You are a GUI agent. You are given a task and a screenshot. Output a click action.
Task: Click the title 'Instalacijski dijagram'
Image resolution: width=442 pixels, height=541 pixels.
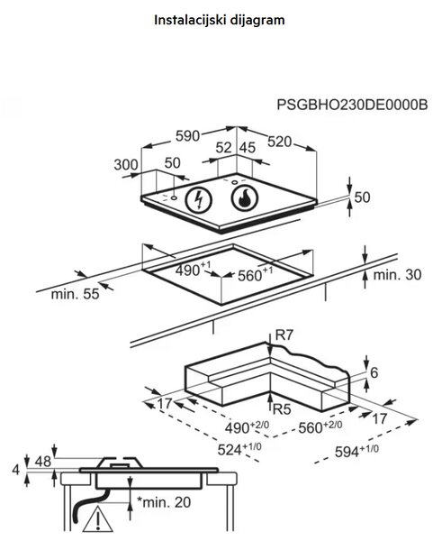(x=220, y=20)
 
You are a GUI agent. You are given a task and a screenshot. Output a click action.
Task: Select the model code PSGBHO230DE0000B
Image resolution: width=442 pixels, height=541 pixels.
(x=352, y=105)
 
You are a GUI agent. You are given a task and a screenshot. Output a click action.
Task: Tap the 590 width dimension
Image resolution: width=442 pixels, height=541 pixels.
(x=187, y=136)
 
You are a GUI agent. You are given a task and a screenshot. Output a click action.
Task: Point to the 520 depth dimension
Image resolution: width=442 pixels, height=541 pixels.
(x=279, y=142)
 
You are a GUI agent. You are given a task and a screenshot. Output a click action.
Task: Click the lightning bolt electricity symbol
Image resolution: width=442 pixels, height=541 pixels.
(x=199, y=199)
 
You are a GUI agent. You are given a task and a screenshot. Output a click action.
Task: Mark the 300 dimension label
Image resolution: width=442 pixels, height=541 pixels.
(x=126, y=165)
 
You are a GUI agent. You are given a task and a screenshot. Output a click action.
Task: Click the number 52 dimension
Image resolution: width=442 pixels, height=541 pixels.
(x=223, y=148)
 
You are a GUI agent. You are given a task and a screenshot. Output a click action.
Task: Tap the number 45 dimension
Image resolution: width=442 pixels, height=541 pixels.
(x=248, y=148)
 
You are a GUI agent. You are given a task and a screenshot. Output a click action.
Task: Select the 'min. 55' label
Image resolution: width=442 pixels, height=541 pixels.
(x=75, y=294)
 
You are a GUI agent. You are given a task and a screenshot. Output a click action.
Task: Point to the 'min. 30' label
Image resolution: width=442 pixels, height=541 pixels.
(x=397, y=275)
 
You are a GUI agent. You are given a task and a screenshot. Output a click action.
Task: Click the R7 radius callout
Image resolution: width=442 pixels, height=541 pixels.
(x=284, y=335)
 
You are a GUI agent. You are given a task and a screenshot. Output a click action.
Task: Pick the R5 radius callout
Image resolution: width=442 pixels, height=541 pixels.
(x=282, y=409)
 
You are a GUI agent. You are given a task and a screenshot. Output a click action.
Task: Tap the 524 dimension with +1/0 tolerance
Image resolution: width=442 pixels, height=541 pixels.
(x=239, y=449)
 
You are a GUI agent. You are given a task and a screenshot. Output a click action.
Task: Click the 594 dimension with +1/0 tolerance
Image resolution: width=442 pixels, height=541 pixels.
(x=356, y=451)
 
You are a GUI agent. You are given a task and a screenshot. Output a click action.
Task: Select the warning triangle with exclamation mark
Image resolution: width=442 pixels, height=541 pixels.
(x=98, y=519)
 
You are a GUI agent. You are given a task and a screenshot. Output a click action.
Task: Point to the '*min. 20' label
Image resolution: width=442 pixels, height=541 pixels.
(x=164, y=502)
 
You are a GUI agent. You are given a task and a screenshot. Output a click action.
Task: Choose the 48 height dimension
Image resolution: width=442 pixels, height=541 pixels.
(x=43, y=462)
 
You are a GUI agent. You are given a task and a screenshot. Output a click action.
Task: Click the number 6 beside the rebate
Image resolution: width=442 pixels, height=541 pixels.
(x=374, y=372)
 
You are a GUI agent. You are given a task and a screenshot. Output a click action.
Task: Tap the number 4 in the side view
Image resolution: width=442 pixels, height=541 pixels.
(x=16, y=470)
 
